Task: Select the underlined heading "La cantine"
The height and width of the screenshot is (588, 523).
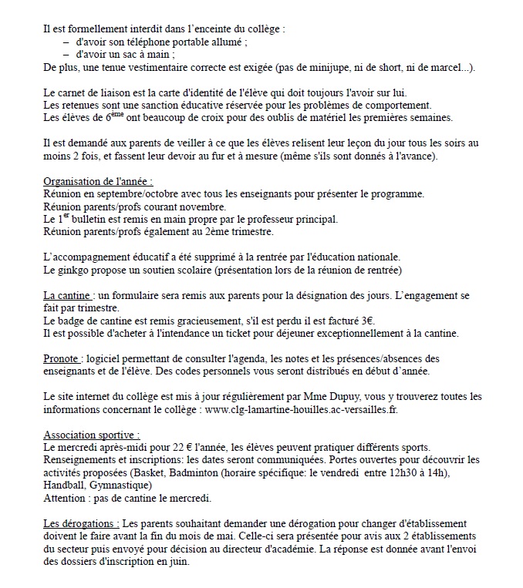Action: (69, 295)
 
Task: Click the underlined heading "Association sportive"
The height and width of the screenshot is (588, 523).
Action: (93, 434)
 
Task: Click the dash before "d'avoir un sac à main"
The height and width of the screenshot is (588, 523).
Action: (66, 55)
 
